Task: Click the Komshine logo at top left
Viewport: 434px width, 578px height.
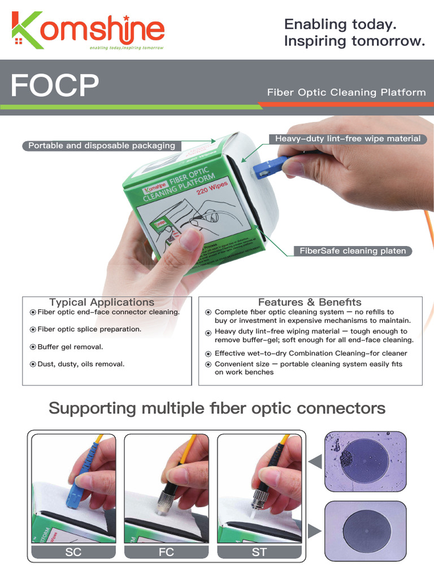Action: point(88,31)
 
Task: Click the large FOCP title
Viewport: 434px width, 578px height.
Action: point(54,86)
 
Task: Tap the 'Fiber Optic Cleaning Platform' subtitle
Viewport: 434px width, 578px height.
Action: point(346,92)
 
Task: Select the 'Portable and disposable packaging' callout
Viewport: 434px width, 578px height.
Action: point(102,146)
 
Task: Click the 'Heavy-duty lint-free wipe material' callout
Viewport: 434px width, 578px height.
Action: point(348,139)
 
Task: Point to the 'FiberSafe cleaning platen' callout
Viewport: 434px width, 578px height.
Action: point(353,251)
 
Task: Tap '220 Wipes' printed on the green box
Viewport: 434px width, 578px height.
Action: point(212,188)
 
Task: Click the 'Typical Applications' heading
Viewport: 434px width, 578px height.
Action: point(102,303)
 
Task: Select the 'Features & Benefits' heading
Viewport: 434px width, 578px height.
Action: point(310,303)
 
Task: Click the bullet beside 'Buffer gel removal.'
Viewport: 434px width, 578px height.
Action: point(33,347)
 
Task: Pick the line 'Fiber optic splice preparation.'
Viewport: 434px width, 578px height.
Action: point(89,330)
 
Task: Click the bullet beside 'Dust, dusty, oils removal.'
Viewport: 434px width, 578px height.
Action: point(33,365)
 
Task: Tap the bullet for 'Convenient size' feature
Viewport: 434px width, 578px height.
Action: point(209,365)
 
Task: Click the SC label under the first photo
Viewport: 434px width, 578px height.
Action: point(73,552)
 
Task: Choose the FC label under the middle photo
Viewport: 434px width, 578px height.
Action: point(166,552)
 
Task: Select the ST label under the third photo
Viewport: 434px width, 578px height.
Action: point(259,552)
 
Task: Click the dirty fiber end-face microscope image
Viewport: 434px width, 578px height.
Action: point(365,461)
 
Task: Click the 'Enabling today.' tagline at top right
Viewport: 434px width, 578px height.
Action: point(340,24)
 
